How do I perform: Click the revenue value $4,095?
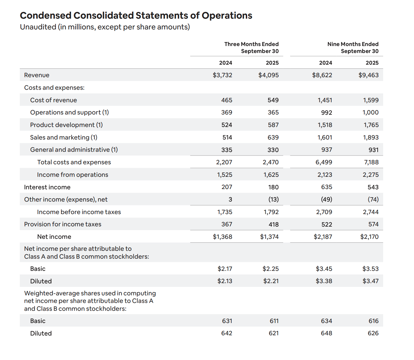point(268,75)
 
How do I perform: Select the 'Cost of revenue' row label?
point(54,100)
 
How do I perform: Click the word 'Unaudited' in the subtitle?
point(38,27)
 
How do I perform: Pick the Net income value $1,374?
point(269,237)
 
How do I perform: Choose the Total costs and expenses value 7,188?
point(371,162)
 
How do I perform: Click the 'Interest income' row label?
point(47,187)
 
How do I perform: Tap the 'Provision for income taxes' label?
point(63,224)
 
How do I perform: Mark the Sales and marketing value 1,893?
point(371,137)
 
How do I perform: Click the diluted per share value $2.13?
point(225,281)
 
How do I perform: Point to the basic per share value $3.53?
point(370,269)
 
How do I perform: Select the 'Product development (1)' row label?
point(66,125)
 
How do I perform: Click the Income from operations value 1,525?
point(224,175)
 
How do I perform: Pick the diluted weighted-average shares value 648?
point(326,333)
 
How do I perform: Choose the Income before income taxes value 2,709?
point(324,212)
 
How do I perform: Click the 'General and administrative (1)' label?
point(74,150)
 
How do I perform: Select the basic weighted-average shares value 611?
point(274,321)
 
